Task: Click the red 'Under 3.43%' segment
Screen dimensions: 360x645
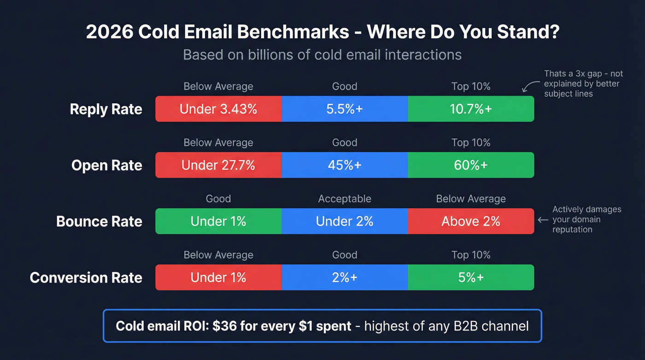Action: coord(218,109)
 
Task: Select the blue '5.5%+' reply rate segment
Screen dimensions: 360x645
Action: coord(345,109)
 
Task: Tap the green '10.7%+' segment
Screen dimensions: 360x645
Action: coord(471,109)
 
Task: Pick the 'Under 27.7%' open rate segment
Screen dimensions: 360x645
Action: coord(218,165)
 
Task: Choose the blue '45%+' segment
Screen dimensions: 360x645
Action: coord(345,165)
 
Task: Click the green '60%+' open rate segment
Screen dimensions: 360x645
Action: coord(471,165)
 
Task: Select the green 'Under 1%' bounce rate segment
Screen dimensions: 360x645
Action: coord(218,221)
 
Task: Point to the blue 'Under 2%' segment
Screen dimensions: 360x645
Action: coord(345,221)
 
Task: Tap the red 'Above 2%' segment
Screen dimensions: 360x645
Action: coord(471,221)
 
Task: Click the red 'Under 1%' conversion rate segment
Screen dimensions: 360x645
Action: coord(218,277)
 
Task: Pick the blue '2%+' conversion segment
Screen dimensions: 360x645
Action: coord(345,277)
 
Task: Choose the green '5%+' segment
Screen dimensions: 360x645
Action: coord(471,277)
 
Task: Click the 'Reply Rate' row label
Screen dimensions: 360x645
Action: coord(106,109)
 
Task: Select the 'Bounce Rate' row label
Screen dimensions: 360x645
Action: coord(99,222)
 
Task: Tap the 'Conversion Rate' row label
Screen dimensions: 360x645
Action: coord(86,278)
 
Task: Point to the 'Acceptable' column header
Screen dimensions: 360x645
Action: coord(345,199)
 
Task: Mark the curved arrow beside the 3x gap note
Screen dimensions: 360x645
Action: coord(530,86)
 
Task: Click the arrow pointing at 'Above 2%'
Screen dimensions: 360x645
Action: coord(543,220)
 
